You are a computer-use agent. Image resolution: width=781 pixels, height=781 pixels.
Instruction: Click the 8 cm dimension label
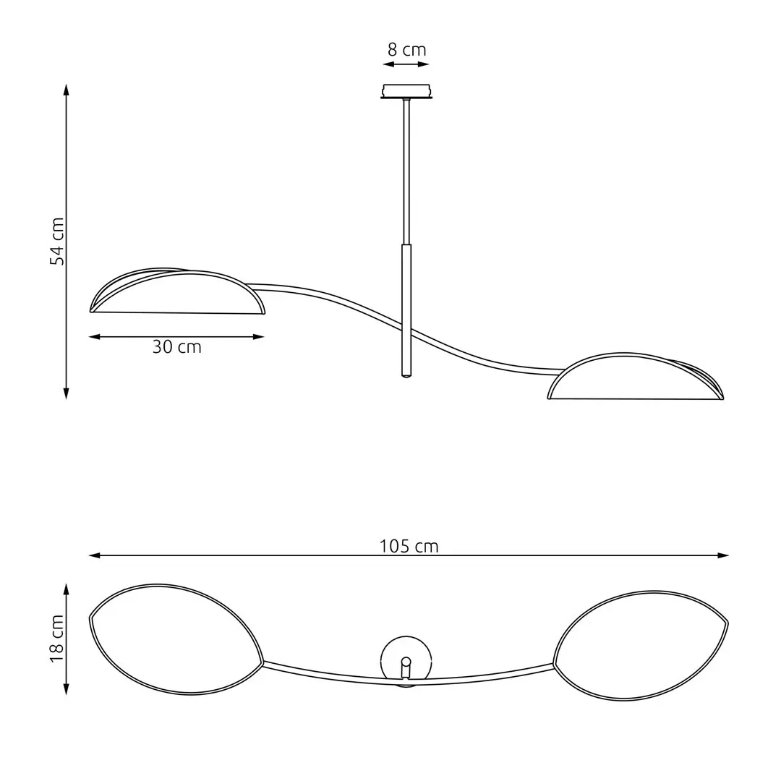(406, 50)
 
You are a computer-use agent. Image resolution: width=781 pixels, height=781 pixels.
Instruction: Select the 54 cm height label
(57, 241)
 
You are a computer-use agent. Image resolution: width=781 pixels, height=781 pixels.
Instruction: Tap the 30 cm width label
(176, 347)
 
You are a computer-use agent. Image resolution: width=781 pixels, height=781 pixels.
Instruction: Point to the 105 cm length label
(409, 546)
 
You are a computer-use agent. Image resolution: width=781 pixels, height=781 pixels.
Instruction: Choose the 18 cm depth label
(57, 639)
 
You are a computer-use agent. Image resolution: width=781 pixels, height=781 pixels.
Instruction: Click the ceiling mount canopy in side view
(406, 92)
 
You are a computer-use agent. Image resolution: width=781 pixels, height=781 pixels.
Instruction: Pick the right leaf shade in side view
(635, 378)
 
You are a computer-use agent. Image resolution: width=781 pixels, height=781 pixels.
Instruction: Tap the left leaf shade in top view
(175, 639)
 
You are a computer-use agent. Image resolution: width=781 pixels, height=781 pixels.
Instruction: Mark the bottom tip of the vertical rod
(406, 375)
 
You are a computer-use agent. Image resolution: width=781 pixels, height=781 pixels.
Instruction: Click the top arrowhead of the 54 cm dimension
(67, 88)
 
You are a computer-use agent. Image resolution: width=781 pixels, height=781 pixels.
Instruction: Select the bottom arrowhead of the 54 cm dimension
(67, 395)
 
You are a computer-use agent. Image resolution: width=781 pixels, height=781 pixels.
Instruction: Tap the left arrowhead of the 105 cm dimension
(93, 555)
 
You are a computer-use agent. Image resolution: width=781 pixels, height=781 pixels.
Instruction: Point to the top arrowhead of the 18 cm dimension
(67, 589)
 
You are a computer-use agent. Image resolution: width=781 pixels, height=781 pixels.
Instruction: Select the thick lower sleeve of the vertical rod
(406, 311)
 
